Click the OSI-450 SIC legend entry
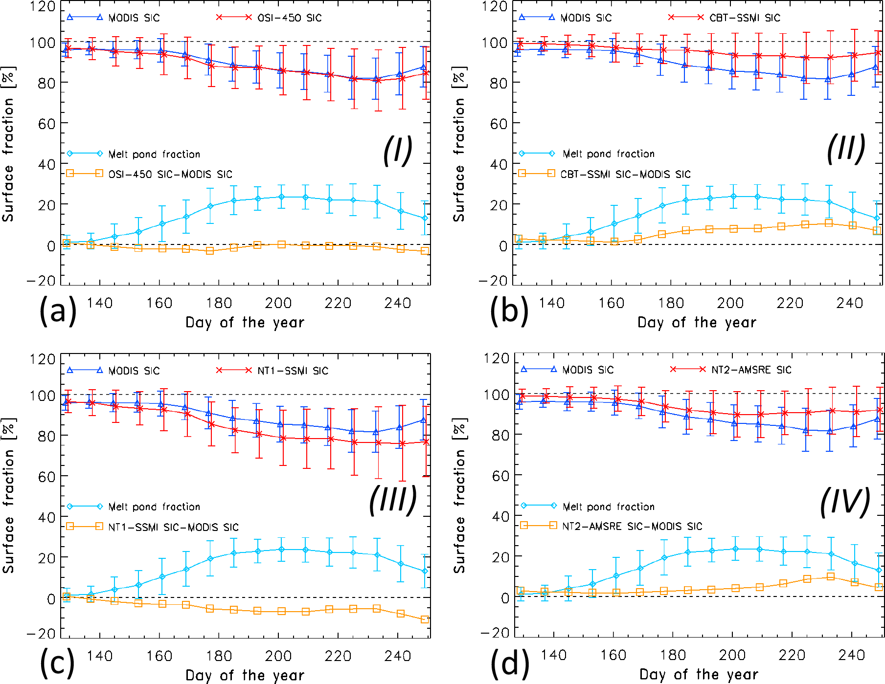click(x=289, y=18)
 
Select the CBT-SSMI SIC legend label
click(x=745, y=18)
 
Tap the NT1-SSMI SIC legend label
click(x=293, y=371)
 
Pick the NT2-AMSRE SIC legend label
click(x=751, y=370)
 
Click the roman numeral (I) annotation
click(x=397, y=150)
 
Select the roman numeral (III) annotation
click(x=393, y=500)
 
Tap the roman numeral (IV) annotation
click(x=845, y=502)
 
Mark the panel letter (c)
click(x=57, y=663)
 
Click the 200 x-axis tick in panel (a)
click(x=278, y=304)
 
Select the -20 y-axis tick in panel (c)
click(x=41, y=634)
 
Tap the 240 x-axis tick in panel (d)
click(x=852, y=655)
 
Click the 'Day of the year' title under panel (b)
click(x=697, y=323)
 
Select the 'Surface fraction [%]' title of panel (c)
click(x=8, y=496)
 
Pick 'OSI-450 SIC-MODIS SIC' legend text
click(x=170, y=175)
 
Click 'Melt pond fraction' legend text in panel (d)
click(x=608, y=507)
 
